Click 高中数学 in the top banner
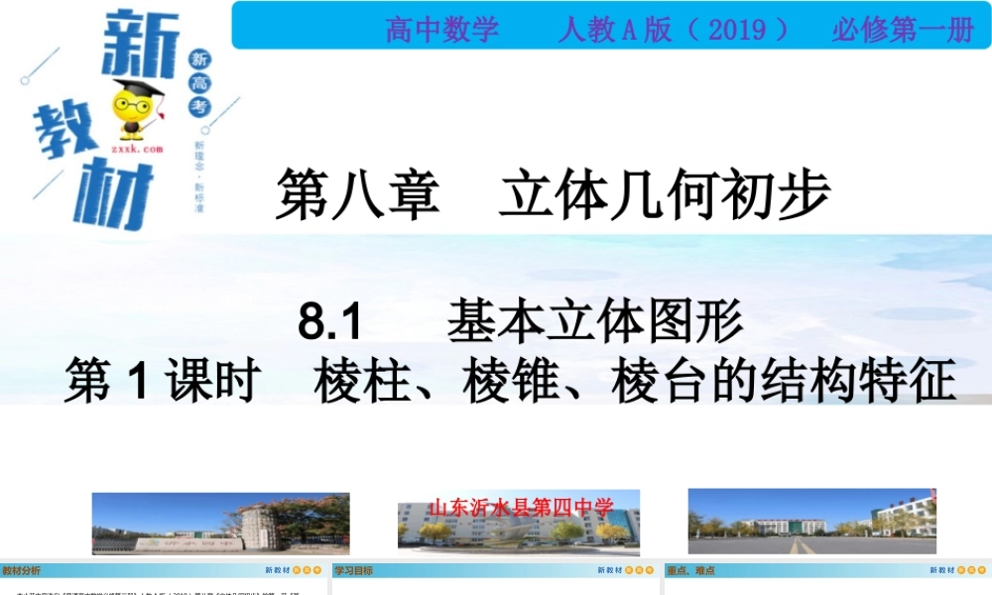[442, 30]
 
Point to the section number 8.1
[333, 323]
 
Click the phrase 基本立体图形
[594, 321]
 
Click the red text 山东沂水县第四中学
[521, 508]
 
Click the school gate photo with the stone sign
[220, 524]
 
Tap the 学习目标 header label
[353, 571]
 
